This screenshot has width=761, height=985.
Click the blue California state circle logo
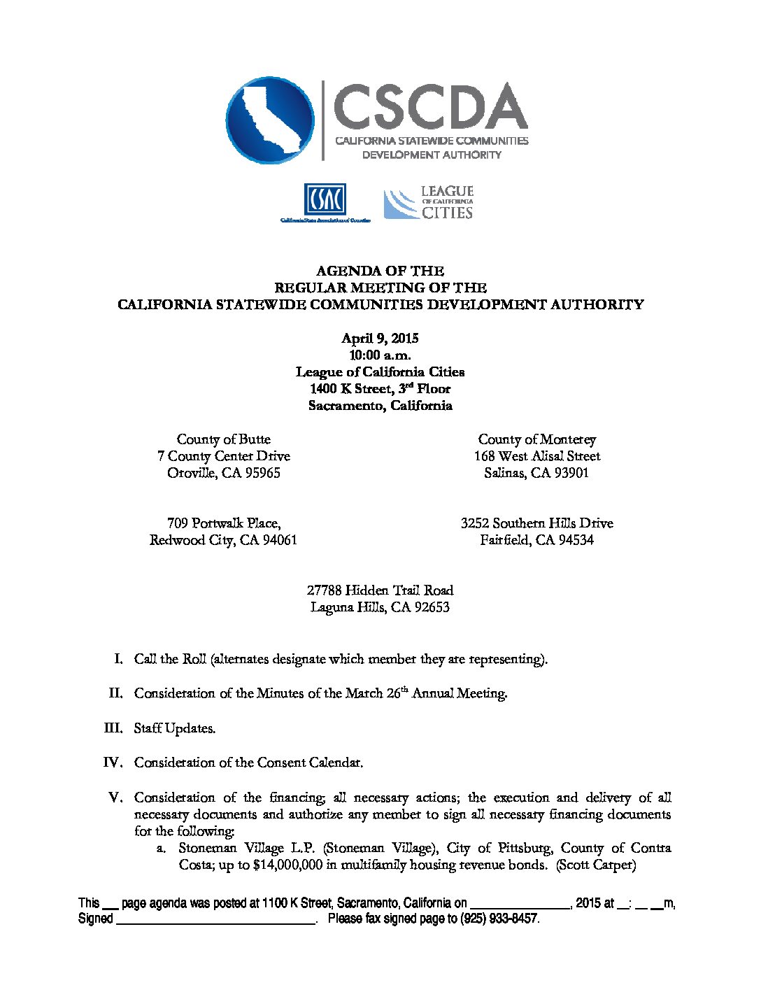tap(270, 120)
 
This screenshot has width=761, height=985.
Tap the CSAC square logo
tap(325, 200)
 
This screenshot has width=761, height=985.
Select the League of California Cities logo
tap(429, 203)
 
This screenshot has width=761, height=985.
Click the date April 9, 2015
tap(380, 339)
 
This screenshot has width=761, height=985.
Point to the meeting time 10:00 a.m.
tap(380, 355)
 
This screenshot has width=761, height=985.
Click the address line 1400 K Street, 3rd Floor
tap(380, 389)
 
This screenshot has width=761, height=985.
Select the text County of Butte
tap(223, 439)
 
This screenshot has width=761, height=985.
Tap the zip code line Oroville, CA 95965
tap(223, 473)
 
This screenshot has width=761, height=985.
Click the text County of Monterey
tap(536, 439)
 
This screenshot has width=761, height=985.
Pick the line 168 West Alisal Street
tap(536, 456)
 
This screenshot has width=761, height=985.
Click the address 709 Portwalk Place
tap(223, 523)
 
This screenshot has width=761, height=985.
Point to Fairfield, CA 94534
tap(536, 540)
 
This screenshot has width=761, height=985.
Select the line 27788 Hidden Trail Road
tap(380, 590)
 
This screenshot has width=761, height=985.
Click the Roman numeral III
tap(113, 728)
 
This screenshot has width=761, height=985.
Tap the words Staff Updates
tap(175, 728)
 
